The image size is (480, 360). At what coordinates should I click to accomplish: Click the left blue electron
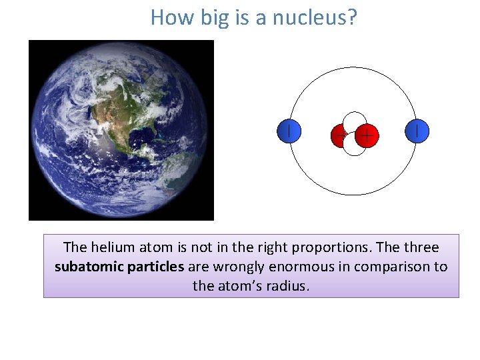tap(289, 131)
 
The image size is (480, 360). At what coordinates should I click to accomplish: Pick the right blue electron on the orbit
tap(417, 131)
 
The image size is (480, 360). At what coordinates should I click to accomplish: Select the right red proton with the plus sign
tap(367, 136)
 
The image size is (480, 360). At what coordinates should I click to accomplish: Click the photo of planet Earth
tap(121, 130)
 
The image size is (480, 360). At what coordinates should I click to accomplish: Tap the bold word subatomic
tap(86, 267)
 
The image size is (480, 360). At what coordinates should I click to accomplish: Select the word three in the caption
tap(421, 247)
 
